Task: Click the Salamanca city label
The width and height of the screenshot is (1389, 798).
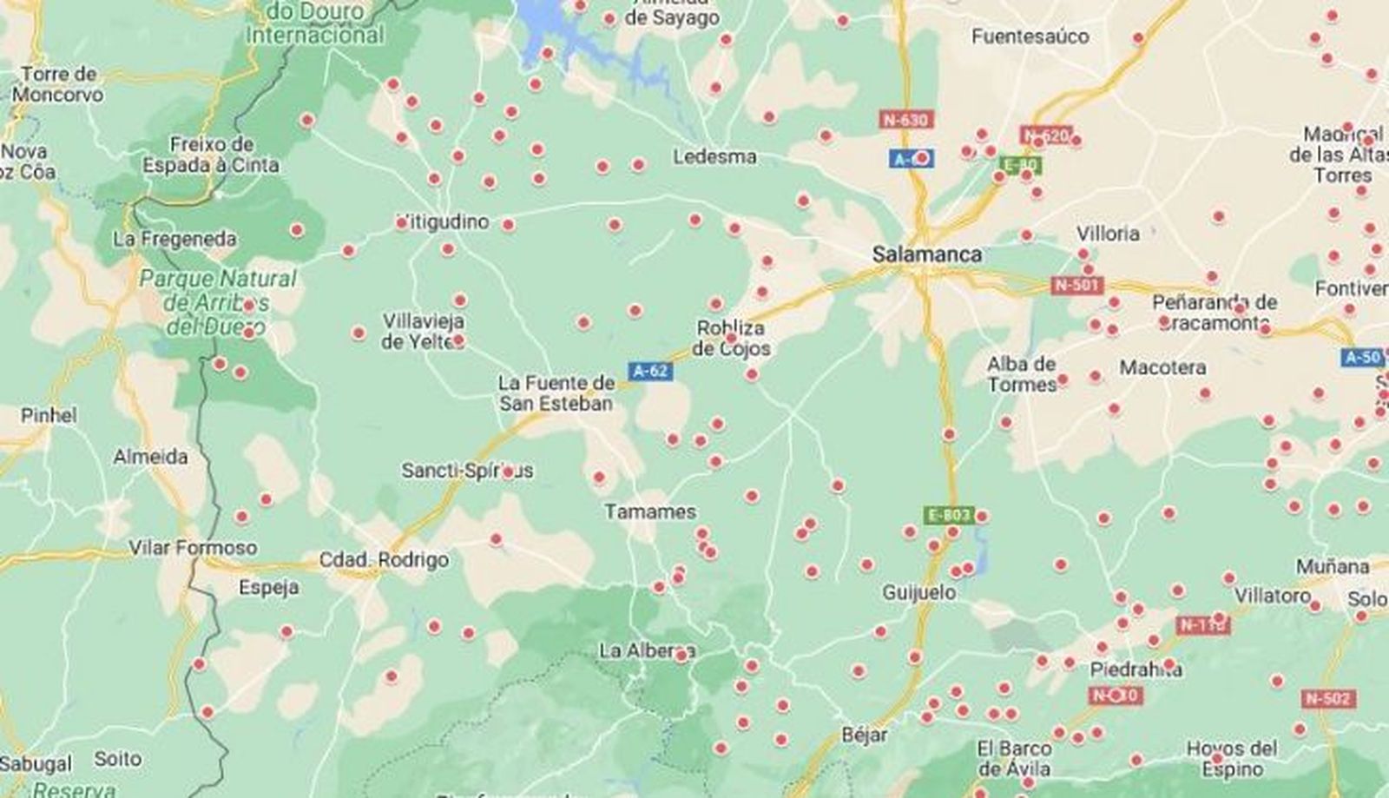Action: [926, 254]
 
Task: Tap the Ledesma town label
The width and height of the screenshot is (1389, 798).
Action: [714, 157]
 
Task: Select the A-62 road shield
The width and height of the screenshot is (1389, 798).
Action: [650, 371]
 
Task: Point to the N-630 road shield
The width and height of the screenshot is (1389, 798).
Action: [905, 120]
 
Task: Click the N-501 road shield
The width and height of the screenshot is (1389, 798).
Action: [1076, 285]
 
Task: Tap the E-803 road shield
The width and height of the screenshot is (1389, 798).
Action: [949, 515]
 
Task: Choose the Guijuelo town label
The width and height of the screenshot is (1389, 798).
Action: [918, 592]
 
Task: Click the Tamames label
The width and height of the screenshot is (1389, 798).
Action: [650, 511]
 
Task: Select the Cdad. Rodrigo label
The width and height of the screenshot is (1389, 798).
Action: [384, 560]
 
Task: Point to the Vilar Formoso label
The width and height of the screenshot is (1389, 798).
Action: [193, 548]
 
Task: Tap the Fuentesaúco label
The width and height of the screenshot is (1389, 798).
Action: [1030, 36]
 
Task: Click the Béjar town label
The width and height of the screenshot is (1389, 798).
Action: [865, 735]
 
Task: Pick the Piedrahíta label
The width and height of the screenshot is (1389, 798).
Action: [1136, 669]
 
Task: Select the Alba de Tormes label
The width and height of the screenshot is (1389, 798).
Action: [1022, 374]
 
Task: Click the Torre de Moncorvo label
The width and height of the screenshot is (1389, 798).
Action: [58, 84]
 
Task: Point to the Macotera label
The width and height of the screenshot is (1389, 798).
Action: [1162, 367]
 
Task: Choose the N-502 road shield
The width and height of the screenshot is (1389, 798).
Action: [1328, 698]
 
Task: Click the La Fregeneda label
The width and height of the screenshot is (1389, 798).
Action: [175, 239]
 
